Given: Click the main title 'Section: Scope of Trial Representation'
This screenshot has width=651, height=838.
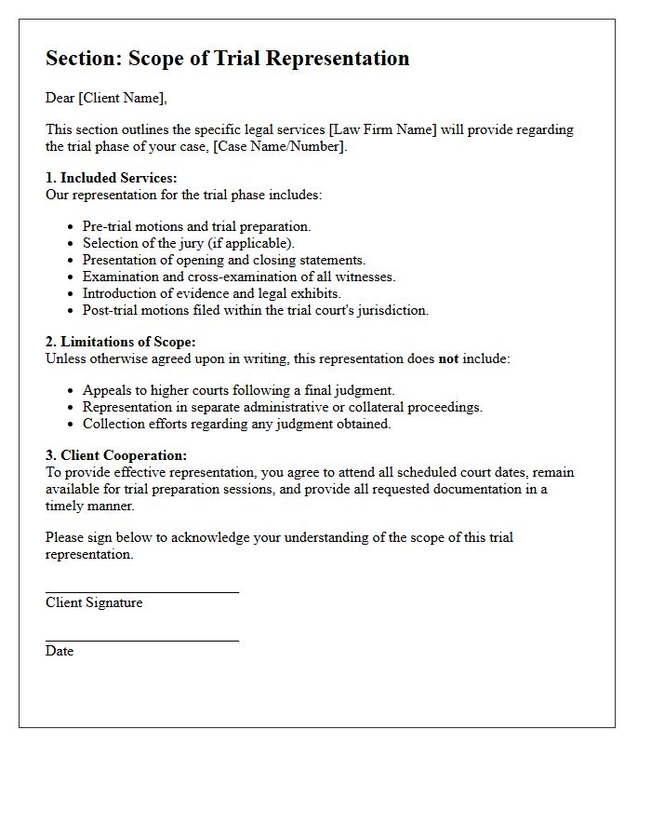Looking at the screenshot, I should (227, 58).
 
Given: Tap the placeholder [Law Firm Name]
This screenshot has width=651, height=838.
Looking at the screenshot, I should (382, 129).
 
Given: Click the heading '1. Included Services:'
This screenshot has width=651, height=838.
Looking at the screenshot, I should (111, 178).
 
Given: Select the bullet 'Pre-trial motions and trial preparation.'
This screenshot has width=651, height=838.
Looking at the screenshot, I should (196, 226).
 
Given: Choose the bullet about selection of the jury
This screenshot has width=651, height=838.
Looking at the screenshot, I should (188, 243).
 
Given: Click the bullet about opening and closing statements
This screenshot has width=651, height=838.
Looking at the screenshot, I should (223, 260).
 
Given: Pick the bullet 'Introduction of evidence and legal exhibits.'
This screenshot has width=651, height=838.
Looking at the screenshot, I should (211, 293).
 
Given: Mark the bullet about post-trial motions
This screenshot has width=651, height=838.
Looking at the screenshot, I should (255, 310).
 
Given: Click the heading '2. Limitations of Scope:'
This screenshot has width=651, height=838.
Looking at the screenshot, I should (120, 342).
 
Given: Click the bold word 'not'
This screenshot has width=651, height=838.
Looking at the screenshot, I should (448, 358).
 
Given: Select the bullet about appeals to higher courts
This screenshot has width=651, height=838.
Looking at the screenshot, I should (238, 390).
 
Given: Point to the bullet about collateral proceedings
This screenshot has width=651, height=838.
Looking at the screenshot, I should (282, 407).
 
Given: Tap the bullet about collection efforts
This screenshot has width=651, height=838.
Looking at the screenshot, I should (236, 424).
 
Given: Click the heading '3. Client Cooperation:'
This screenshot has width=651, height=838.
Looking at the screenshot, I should (116, 455).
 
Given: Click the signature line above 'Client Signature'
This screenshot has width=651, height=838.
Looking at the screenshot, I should (141, 591).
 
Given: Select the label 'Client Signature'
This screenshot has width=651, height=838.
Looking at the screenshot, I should (94, 602).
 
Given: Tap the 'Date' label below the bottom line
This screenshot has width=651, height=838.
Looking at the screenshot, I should (60, 651).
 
